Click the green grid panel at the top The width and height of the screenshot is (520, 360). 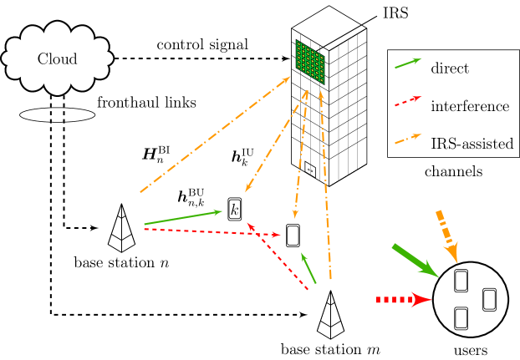310,62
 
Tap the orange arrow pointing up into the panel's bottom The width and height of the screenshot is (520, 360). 325,184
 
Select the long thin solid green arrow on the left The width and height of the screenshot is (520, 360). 184,217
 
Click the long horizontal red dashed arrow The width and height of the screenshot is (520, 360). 209,232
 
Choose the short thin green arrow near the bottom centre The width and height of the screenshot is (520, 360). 308,268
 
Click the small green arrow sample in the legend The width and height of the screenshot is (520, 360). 408,63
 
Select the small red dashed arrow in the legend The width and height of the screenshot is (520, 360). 408,101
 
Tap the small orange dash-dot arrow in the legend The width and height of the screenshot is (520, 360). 408,139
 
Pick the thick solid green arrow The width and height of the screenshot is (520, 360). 414,260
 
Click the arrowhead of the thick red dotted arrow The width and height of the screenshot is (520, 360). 421,300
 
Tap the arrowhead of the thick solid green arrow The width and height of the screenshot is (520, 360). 430,271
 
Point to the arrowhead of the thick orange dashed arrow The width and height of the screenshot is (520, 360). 452,252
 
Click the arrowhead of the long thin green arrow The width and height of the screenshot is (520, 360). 218,212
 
